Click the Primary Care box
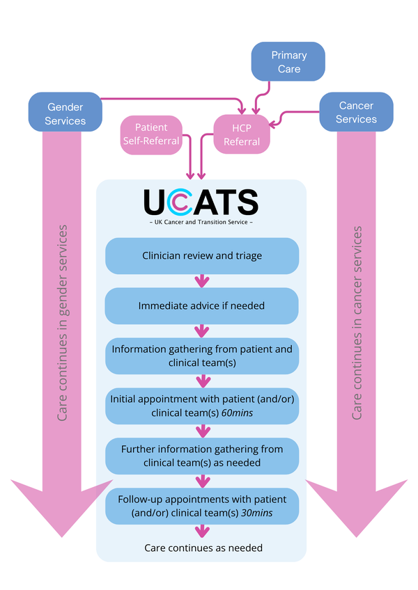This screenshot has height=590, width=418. click(288, 61)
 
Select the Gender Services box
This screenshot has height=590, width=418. click(65, 112)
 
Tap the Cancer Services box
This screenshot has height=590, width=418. click(356, 112)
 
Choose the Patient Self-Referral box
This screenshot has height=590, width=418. click(151, 135)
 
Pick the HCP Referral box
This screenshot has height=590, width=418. click(242, 134)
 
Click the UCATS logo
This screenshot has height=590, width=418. click(201, 202)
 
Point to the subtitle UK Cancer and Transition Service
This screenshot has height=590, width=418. click(201, 222)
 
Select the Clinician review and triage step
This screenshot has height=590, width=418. click(202, 256)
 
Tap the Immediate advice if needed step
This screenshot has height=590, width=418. click(201, 306)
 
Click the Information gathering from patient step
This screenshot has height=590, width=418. click(202, 356)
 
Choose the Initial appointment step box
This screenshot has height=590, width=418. click(202, 406)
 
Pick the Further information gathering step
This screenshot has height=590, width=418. click(202, 456)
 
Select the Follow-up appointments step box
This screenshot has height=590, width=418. click(202, 506)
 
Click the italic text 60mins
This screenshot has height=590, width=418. click(237, 413)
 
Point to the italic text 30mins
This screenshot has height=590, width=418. click(256, 513)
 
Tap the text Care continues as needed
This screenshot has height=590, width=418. click(203, 548)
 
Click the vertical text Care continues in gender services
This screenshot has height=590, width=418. click(62, 323)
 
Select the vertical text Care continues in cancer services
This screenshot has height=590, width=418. click(357, 323)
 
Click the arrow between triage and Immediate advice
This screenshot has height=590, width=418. click(202, 280)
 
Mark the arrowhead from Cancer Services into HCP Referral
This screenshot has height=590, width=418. click(274, 122)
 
